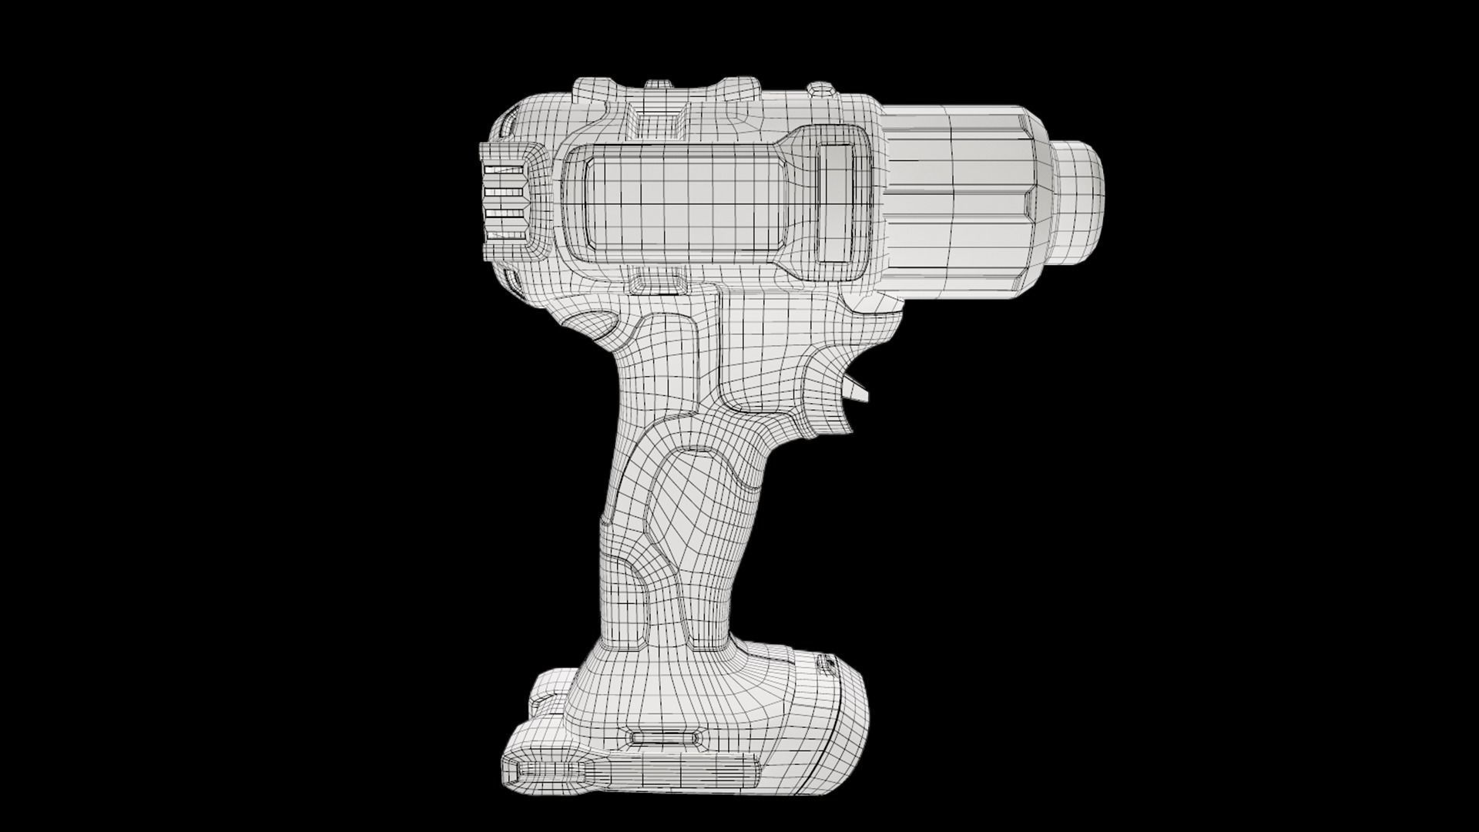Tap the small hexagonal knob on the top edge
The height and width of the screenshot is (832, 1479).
pyautogui.click(x=822, y=91)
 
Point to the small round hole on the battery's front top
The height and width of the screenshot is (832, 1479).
pyautogui.click(x=828, y=661)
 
